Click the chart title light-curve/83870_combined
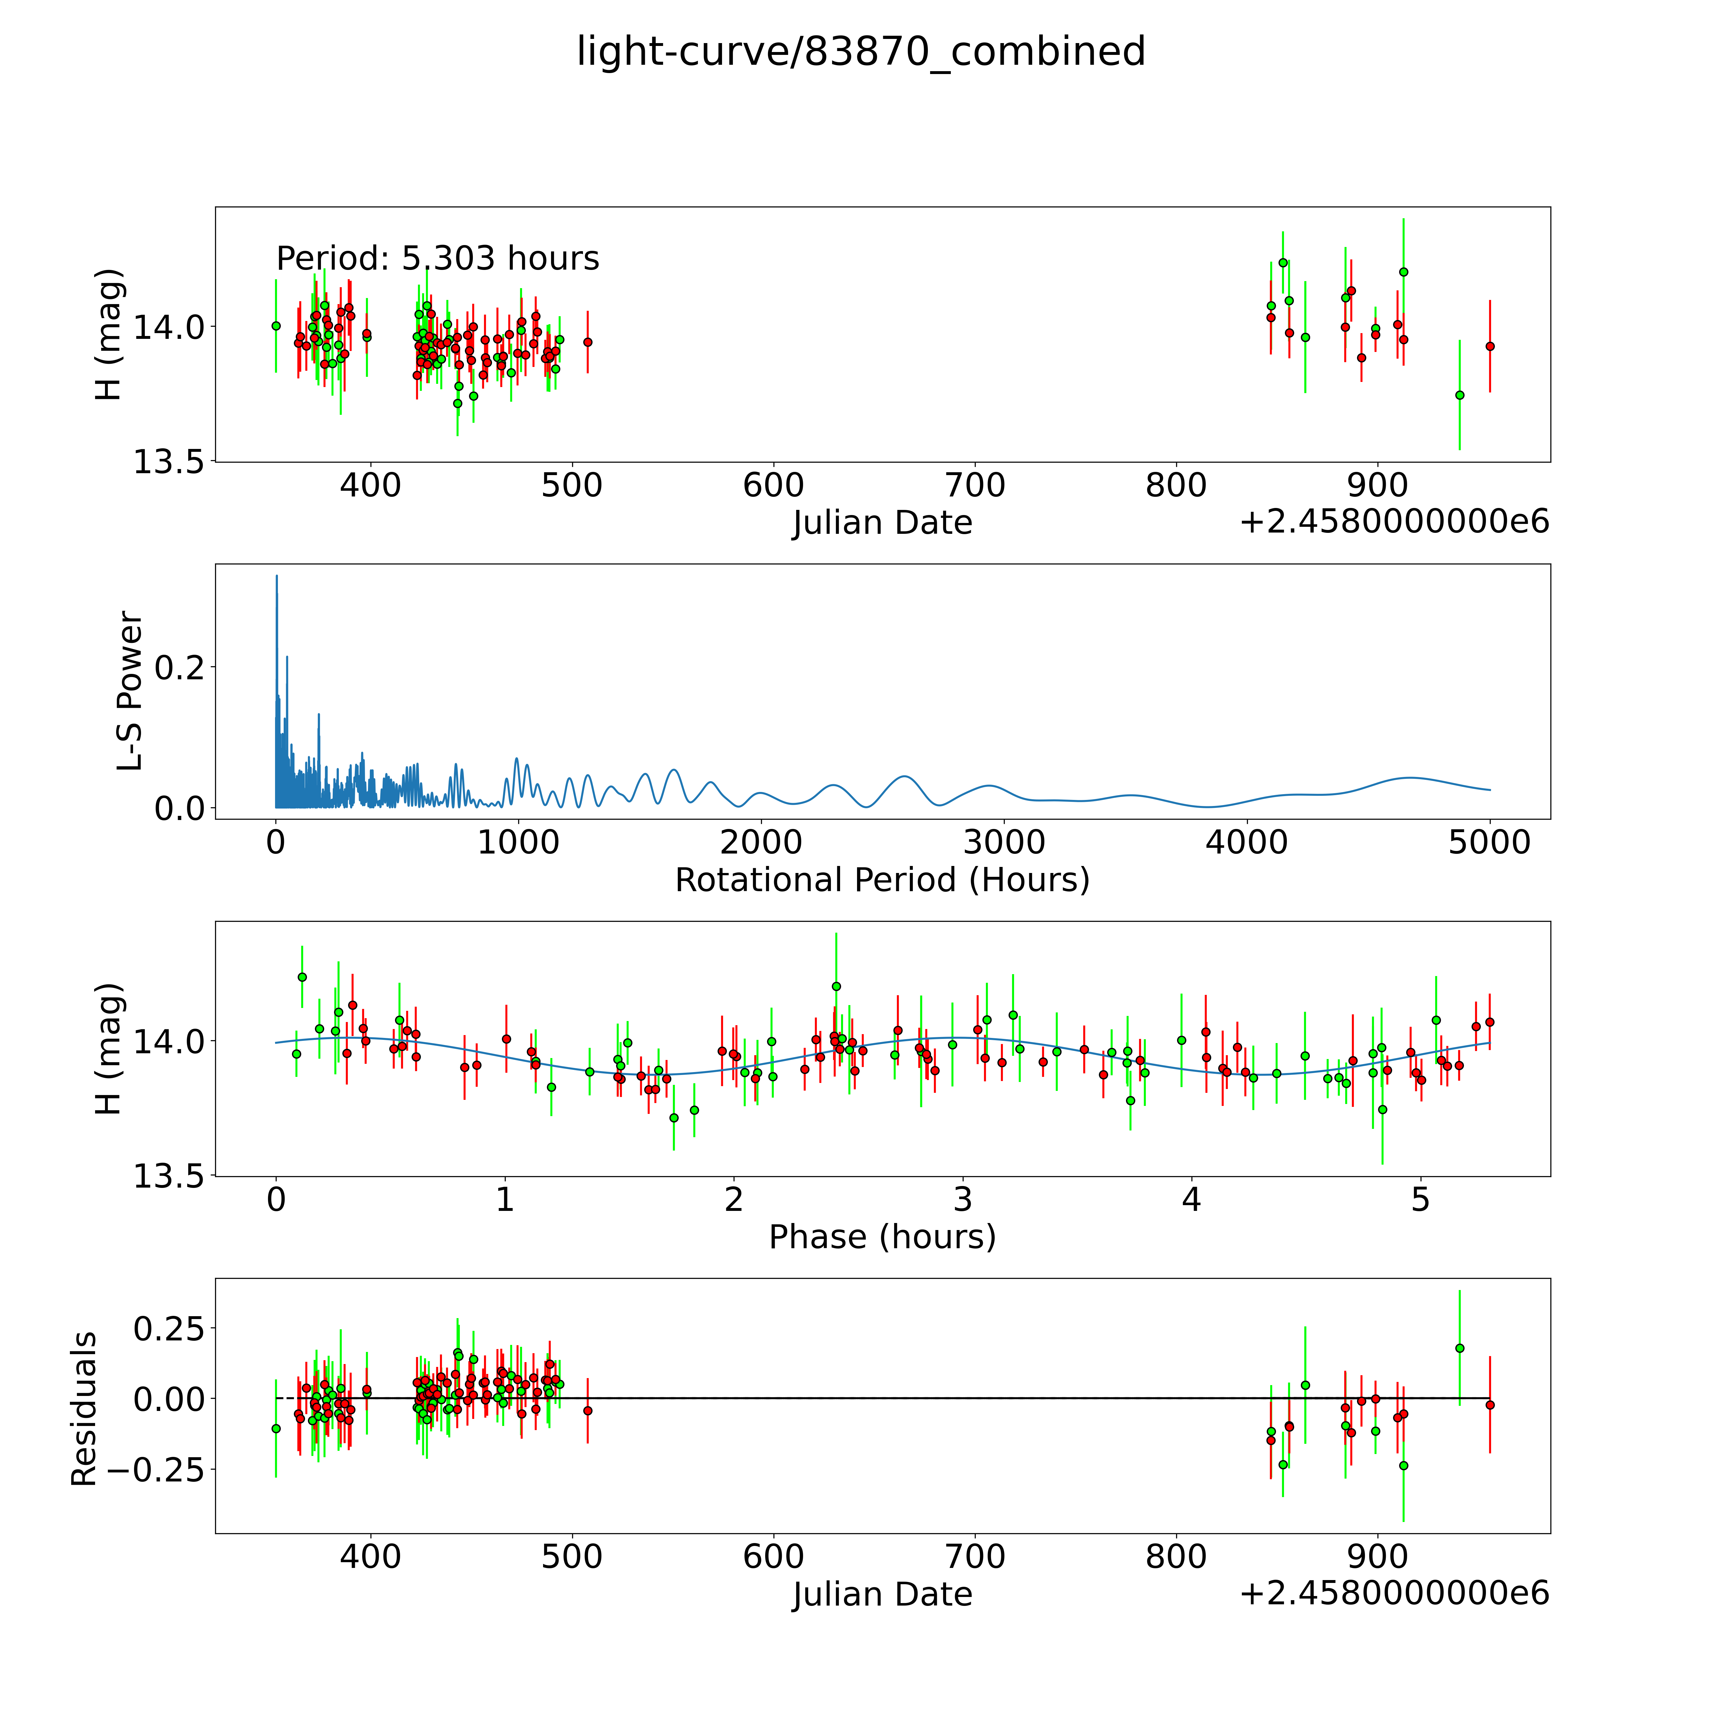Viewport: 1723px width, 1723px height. [861, 52]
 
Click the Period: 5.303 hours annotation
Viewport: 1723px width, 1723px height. [437, 259]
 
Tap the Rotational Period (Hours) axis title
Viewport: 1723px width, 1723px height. [882, 880]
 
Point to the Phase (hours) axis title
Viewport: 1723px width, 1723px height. [882, 1237]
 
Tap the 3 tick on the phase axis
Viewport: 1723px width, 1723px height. [962, 1199]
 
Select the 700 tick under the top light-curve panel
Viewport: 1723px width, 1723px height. [975, 486]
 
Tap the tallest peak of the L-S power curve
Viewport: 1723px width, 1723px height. [276, 576]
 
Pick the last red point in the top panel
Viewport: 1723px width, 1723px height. [1489, 346]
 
